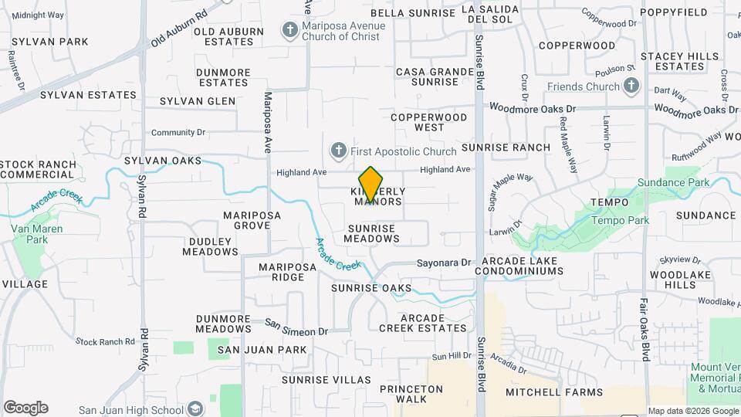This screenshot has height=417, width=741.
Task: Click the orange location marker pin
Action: pos(370,185)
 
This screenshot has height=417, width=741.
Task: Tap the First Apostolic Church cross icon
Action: pos(337,150)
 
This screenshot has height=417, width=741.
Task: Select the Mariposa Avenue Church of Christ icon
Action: pos(290,31)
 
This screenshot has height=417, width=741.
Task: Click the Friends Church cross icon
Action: pos(631,86)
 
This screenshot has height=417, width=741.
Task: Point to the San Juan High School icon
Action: pos(196,408)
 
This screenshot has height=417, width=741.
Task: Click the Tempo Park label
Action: pos(620,220)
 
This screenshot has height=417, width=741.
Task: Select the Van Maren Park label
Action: pos(30,234)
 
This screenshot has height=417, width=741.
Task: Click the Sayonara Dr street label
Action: pos(443,263)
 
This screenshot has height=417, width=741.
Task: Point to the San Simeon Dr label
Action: pos(296,327)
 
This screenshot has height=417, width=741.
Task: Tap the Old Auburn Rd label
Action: pos(179,27)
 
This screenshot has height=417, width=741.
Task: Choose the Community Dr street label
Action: pos(178,133)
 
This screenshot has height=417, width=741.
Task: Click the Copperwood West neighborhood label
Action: pos(428,122)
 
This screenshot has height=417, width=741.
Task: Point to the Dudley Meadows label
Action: pos(210,246)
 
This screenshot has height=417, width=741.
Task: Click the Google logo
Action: pos(25,408)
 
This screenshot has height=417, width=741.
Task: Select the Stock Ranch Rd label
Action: pos(106,341)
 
